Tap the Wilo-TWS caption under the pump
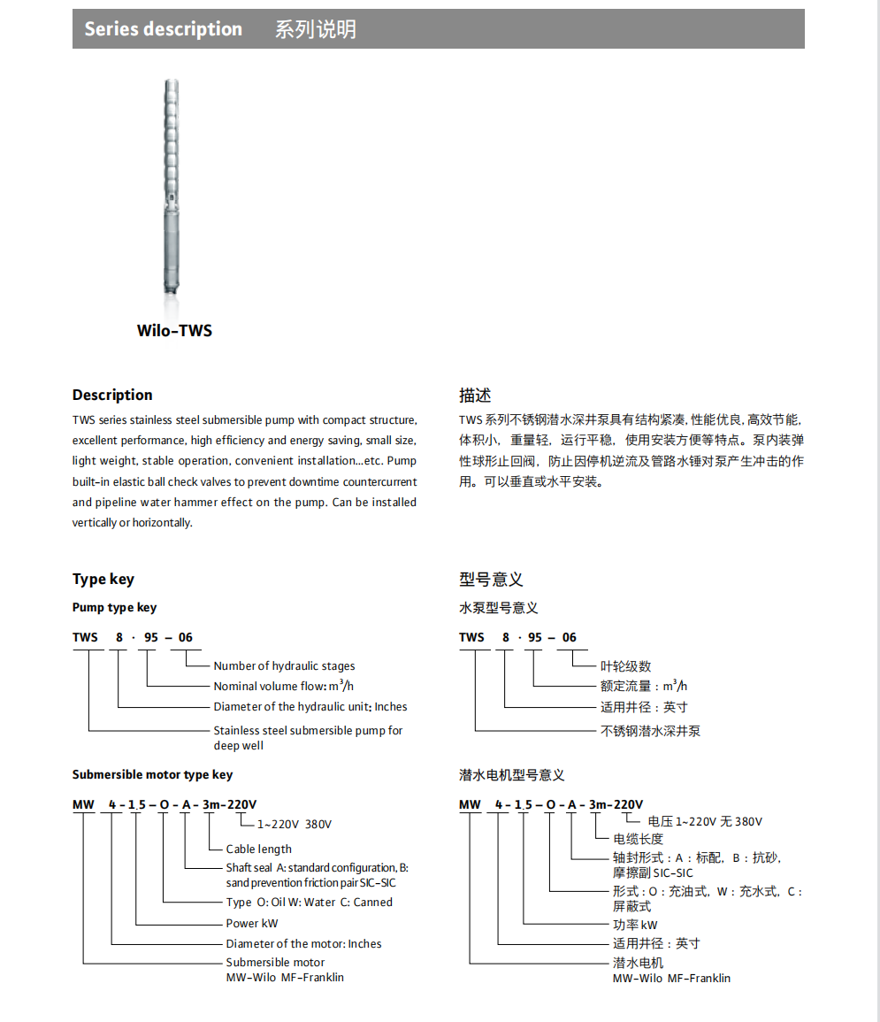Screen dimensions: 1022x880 (x=174, y=331)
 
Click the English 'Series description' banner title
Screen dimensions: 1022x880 (x=163, y=29)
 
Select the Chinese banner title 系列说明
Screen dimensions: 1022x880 (x=315, y=29)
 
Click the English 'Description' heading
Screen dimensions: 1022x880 (x=112, y=395)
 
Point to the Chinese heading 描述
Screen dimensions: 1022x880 (x=475, y=395)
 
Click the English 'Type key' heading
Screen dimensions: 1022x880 (x=103, y=580)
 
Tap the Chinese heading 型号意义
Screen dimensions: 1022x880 (x=491, y=580)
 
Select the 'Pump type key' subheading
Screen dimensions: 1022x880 (x=114, y=608)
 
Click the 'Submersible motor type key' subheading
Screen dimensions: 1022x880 (x=152, y=775)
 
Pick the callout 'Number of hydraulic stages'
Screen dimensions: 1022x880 (x=284, y=666)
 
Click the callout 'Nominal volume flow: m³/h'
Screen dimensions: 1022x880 (x=284, y=687)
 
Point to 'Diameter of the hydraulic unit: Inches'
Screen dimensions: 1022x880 (x=310, y=707)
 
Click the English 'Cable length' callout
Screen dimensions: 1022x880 (x=258, y=849)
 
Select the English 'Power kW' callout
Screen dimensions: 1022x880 (x=252, y=924)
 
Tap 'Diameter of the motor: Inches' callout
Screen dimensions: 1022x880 (x=303, y=944)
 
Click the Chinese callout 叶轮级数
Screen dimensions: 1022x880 (x=626, y=666)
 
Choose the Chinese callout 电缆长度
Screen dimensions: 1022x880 (x=639, y=839)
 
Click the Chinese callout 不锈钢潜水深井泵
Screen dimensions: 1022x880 (x=651, y=731)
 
